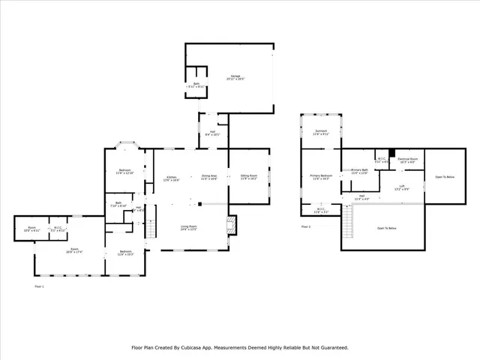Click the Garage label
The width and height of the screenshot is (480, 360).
tap(235, 76)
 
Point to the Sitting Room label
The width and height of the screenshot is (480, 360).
tap(248, 178)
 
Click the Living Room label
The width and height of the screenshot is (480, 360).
tap(188, 227)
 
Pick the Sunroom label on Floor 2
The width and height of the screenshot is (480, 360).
tap(320, 132)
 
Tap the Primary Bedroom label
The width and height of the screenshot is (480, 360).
tap(321, 177)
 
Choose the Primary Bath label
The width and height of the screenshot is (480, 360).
tap(359, 171)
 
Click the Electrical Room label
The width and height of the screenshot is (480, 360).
tap(408, 160)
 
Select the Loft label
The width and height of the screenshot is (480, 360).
tap(402, 187)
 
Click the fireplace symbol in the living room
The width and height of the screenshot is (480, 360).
tap(232, 225)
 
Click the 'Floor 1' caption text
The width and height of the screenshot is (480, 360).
tap(40, 286)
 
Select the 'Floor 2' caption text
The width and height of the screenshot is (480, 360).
tap(306, 226)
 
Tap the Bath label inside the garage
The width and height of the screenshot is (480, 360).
tap(196, 85)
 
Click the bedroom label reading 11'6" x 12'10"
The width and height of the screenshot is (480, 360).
tap(125, 172)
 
